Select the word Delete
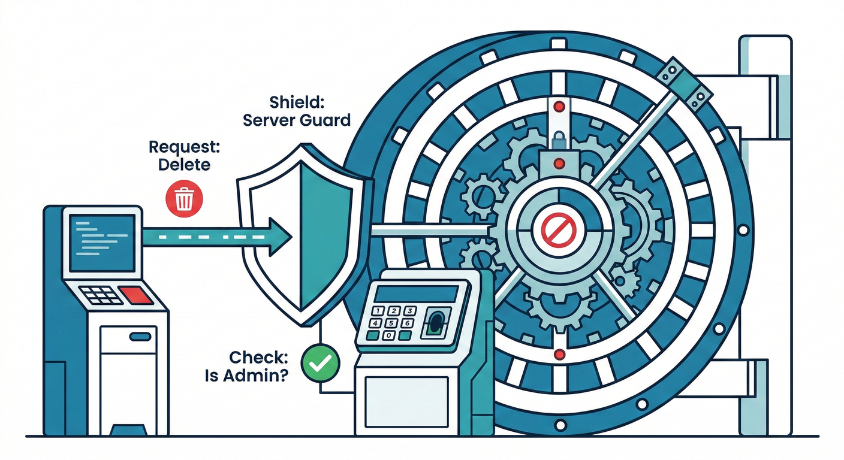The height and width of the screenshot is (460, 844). tap(185, 164)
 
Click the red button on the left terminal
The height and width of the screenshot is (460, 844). tap(135, 294)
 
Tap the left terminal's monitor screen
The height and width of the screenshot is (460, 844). tap(102, 240)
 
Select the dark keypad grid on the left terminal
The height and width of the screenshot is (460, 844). tap(97, 295)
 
